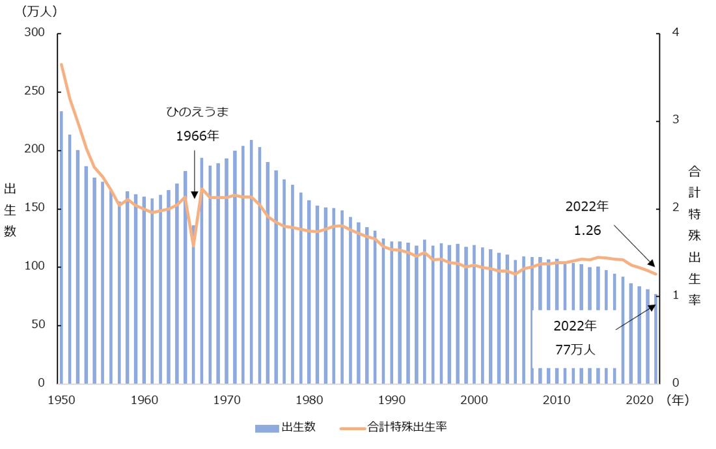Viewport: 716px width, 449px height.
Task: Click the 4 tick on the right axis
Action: point(676,33)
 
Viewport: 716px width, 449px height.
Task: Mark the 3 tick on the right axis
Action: point(676,120)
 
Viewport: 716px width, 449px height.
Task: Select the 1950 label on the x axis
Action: point(62,399)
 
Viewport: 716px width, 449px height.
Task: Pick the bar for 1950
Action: point(62,247)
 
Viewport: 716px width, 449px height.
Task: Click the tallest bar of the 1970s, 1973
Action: point(251,260)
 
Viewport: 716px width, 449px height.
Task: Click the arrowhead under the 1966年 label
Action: point(194,195)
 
